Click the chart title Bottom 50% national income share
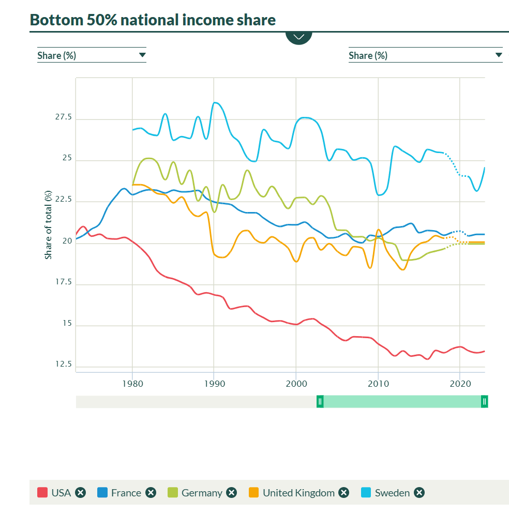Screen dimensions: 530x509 [x=153, y=20]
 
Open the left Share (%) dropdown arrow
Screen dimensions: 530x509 [x=142, y=55]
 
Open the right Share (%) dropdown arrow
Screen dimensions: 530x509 [x=499, y=55]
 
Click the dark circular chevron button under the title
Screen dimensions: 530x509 [x=299, y=37]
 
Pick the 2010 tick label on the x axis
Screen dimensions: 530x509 [x=378, y=384]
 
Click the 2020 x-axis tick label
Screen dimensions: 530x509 [x=460, y=384]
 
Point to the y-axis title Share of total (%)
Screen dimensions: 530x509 [x=49, y=224]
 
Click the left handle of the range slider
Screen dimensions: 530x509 [x=320, y=401]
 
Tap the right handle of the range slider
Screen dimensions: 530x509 [x=484, y=401]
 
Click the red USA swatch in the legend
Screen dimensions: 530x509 [x=42, y=493]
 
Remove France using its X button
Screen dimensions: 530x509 [x=151, y=493]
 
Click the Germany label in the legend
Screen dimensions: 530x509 [x=202, y=493]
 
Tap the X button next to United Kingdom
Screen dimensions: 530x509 [x=344, y=493]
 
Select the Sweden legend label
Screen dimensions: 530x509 [x=392, y=493]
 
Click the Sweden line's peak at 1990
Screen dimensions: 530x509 [x=215, y=102]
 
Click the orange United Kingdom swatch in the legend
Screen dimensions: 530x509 [x=253, y=493]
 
